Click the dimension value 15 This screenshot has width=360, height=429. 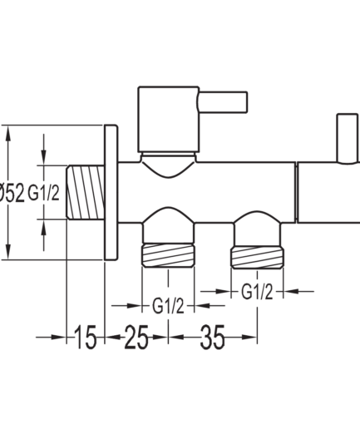tap(86, 337)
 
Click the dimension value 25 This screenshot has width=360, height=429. tap(136, 337)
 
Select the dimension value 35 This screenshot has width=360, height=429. tap(212, 337)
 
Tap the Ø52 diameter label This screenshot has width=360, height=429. tap(12, 193)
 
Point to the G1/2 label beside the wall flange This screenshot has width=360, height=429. tap(43, 193)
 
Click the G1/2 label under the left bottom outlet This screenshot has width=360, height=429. tap(168, 306)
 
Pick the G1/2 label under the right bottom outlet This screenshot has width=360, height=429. tap(257, 292)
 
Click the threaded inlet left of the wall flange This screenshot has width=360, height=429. tap(86, 192)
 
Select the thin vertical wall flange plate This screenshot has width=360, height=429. tap(111, 192)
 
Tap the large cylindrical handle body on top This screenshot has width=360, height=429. tap(168, 120)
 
